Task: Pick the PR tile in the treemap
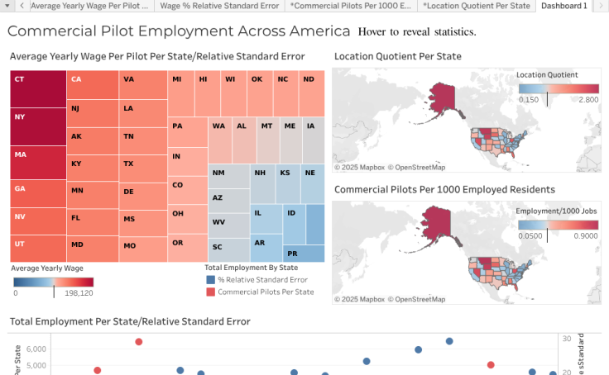click(304, 254)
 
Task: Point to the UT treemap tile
click(38, 248)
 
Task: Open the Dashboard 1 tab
click(563, 6)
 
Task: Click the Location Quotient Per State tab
click(476, 6)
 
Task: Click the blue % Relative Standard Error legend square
click(210, 280)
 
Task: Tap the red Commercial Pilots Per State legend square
click(210, 292)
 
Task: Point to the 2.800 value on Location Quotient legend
click(587, 99)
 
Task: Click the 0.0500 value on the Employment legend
click(530, 235)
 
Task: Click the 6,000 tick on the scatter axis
click(35, 349)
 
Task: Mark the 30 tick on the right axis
click(566, 339)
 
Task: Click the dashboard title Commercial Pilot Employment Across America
click(179, 32)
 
